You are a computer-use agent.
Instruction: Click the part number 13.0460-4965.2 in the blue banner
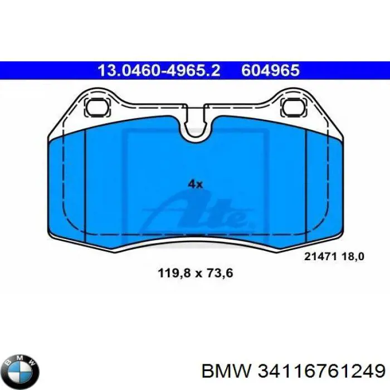tap(159, 71)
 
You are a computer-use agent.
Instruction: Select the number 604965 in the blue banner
tap(271, 71)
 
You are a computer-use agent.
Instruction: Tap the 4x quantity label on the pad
tap(195, 184)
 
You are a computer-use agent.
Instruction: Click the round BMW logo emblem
tap(21, 369)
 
